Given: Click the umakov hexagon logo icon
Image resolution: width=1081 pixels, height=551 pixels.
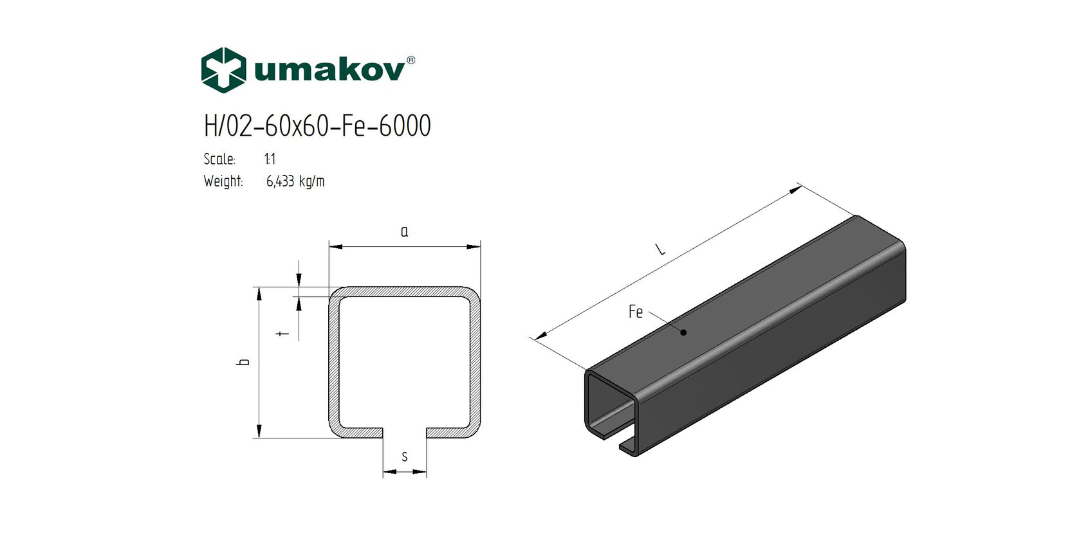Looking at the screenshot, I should click(223, 70).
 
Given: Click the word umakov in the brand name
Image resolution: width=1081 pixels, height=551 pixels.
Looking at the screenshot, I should click(329, 69).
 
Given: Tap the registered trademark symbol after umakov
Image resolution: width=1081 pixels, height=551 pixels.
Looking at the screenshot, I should click(411, 60).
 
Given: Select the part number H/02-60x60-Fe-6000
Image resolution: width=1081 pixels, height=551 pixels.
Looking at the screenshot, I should click(317, 126).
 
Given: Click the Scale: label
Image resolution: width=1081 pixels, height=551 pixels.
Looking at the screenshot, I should click(219, 159).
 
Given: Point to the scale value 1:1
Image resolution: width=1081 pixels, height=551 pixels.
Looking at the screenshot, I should click(270, 159).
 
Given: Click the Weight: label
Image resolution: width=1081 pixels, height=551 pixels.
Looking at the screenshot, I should click(223, 181).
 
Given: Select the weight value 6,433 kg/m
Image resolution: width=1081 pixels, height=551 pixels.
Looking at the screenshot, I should click(295, 181).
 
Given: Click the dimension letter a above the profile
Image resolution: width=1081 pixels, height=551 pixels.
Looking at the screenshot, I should click(404, 231).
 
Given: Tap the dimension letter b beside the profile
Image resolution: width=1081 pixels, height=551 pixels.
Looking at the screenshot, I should click(243, 362).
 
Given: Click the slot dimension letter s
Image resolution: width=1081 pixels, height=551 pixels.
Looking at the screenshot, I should click(404, 456).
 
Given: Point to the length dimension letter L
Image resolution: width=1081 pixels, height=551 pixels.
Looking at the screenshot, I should click(660, 248).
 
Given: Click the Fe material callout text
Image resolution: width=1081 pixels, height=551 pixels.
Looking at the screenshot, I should click(635, 312).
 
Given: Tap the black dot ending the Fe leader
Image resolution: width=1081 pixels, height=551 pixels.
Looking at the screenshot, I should click(683, 332).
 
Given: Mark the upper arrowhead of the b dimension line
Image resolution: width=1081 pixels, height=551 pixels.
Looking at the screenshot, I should click(259, 294).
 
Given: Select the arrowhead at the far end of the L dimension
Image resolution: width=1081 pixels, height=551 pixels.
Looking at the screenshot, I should click(796, 188).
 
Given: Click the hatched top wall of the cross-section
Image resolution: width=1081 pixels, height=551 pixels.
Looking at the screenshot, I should click(404, 292).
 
